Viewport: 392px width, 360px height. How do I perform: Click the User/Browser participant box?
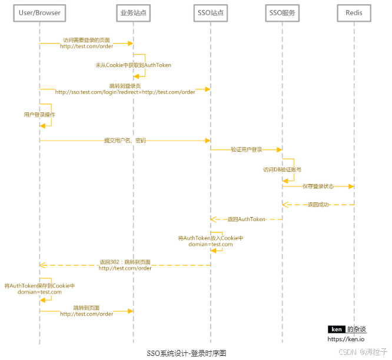(x=40, y=12)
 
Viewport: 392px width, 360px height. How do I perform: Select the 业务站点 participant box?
(x=134, y=12)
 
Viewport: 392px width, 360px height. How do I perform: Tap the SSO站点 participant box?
(x=211, y=12)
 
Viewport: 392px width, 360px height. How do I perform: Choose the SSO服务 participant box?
(x=283, y=12)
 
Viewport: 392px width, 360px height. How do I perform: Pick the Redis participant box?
(x=354, y=12)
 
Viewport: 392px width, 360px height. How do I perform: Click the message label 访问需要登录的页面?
(x=87, y=40)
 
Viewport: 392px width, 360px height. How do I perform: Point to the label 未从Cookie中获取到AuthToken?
(x=134, y=65)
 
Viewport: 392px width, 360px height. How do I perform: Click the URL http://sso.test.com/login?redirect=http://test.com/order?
(x=125, y=92)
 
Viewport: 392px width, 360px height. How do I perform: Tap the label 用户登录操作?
(x=40, y=115)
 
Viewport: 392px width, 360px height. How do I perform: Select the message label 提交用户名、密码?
(x=125, y=141)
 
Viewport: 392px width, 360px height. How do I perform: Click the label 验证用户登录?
(x=247, y=150)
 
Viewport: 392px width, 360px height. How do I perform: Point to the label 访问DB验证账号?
(x=283, y=169)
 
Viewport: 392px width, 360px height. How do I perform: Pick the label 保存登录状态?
(x=318, y=186)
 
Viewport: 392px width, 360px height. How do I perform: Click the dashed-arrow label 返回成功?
(x=318, y=205)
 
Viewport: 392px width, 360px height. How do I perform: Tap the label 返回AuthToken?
(x=247, y=219)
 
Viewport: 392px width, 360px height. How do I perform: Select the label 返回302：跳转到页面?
(x=125, y=262)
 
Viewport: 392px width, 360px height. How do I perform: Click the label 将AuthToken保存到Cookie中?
(x=40, y=285)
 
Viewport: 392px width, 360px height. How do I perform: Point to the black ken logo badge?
(x=336, y=329)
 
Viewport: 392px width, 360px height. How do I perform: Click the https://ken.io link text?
(x=346, y=339)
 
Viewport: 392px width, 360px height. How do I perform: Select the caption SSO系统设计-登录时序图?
(x=186, y=353)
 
